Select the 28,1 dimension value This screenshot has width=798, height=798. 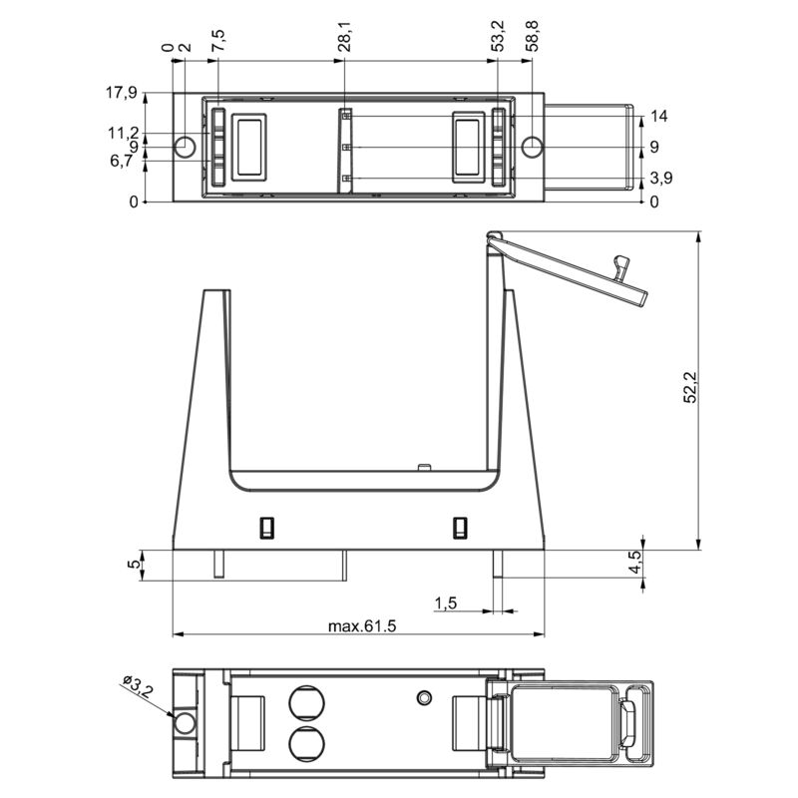pos(343,40)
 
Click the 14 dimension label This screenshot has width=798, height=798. pos(658,116)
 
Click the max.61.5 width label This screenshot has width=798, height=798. pos(362,626)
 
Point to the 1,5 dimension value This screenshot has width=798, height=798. pos(446,602)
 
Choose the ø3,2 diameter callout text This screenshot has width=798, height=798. pos(138,687)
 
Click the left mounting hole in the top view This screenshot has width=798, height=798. pos(186,148)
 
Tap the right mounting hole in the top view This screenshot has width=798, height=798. pos(533,148)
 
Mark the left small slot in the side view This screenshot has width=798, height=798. pos(266,527)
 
